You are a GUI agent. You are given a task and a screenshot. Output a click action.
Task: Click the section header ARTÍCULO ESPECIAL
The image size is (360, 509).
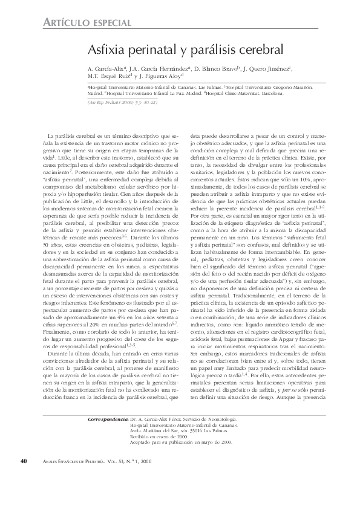[88, 22]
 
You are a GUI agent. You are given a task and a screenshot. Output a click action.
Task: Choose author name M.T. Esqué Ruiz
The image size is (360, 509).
[109, 76]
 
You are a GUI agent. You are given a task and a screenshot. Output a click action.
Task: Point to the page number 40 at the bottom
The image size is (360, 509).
[24, 478]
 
